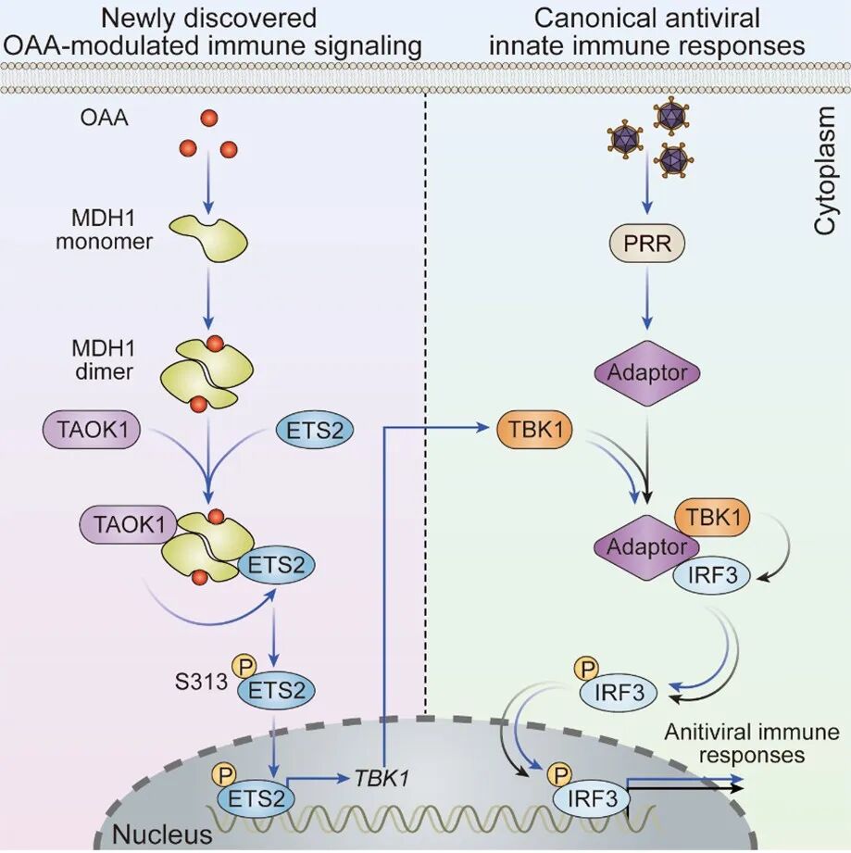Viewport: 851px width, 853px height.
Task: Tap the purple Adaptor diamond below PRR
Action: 647,371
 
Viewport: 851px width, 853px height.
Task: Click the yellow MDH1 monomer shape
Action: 209,235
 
